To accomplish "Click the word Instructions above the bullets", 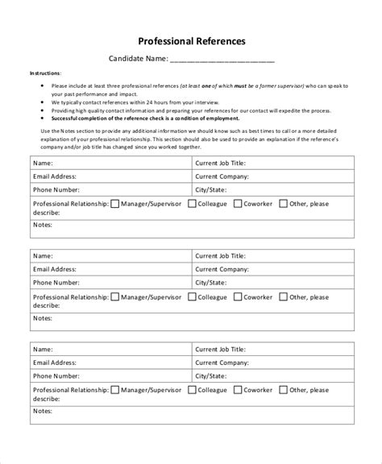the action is click(44, 72).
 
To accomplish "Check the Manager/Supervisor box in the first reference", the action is click(114, 204).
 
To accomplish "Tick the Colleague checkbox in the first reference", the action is click(192, 204).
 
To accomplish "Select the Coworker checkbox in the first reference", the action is click(239, 204).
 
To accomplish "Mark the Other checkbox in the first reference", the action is click(283, 204).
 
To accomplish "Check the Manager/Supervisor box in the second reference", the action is click(114, 296).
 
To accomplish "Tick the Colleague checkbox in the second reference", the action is click(192, 296).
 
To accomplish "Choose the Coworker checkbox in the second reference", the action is click(239, 296).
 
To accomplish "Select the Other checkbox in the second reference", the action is click(283, 296).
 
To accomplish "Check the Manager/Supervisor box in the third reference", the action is click(114, 390).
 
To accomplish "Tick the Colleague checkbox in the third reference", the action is click(192, 390).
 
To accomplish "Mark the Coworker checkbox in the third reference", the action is click(239, 390).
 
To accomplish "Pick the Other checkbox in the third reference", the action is click(283, 390).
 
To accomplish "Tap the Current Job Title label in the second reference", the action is click(221, 255).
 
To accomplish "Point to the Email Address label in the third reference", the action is click(54, 362).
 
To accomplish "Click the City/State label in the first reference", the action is click(211, 190).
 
